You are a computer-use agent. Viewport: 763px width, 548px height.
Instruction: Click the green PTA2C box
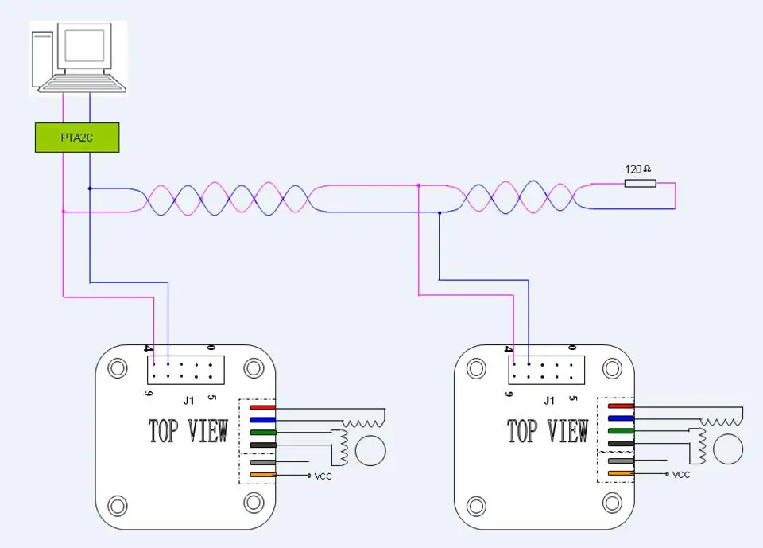77,138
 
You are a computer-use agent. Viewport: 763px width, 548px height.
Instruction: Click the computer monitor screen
84,45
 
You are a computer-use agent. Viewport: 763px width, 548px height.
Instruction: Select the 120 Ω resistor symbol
641,183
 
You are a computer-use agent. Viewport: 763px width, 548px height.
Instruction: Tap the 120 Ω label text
637,169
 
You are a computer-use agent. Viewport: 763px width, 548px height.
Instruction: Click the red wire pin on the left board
263,407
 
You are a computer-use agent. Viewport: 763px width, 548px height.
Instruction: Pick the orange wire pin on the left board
263,475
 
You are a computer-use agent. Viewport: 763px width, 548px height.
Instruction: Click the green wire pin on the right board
621,430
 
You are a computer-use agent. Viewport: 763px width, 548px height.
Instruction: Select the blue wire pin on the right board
621,418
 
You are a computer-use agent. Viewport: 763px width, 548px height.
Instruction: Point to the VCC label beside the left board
323,476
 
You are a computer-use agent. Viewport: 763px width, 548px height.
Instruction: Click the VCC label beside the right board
681,475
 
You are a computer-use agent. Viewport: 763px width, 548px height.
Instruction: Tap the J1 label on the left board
189,400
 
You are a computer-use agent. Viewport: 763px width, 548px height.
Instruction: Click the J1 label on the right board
549,400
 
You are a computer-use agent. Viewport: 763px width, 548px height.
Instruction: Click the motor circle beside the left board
370,451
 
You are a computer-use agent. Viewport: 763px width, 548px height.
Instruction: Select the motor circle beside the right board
728,449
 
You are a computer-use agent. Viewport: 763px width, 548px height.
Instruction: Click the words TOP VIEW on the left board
188,430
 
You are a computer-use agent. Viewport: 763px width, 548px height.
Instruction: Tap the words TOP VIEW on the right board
548,430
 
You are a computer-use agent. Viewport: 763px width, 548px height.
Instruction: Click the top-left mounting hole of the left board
118,367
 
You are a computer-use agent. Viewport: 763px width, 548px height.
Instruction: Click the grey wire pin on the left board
263,462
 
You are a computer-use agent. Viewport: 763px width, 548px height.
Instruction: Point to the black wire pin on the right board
621,443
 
